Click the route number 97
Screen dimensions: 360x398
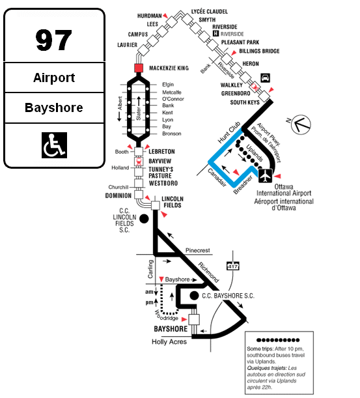[x=54, y=40]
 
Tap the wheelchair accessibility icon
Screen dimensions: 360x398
[x=54, y=145]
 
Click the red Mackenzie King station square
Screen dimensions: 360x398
[x=139, y=68]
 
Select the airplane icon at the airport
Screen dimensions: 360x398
[x=266, y=176]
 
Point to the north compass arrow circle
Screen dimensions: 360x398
[x=301, y=124]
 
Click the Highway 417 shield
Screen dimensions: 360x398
[x=232, y=266]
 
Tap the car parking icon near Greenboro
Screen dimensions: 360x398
[x=266, y=78]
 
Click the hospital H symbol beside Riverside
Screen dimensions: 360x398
[x=215, y=33]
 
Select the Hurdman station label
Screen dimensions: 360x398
[x=150, y=16]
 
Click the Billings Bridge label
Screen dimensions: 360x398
[x=259, y=51]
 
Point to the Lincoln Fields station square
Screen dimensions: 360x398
[x=156, y=205]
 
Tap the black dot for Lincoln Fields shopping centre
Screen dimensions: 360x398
[x=144, y=219]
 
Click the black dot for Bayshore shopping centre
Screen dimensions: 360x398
[x=194, y=296]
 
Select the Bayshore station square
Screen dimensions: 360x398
[x=194, y=319]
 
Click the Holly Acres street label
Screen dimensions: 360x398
[x=169, y=342]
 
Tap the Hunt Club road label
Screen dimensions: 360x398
[x=229, y=132]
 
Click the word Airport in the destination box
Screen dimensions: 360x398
[x=54, y=78]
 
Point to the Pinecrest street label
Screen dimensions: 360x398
[x=198, y=251]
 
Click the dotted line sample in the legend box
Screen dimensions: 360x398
[x=278, y=340]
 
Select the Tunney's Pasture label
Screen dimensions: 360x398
[x=161, y=173]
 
